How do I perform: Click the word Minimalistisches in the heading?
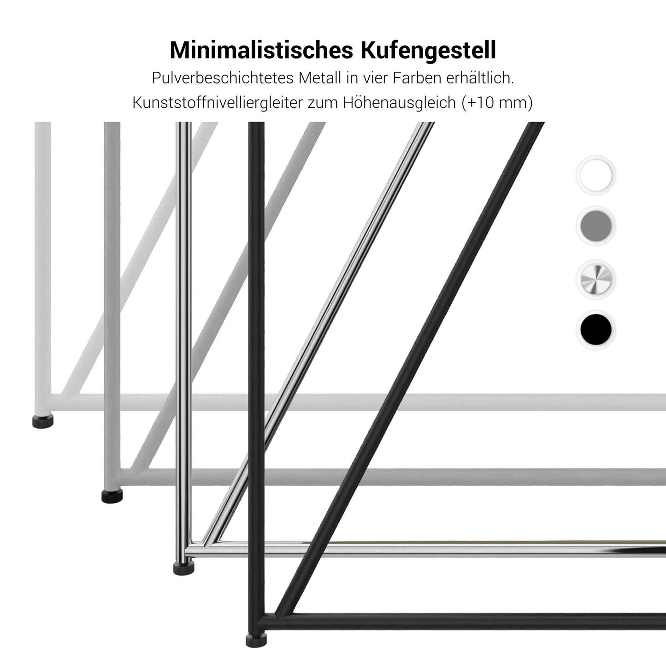(x=263, y=50)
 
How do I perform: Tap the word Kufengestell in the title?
(x=428, y=50)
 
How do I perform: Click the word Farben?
(x=417, y=78)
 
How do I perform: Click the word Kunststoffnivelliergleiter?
(x=218, y=102)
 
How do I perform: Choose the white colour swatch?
(x=596, y=176)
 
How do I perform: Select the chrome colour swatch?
(x=596, y=279)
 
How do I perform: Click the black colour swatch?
(x=596, y=330)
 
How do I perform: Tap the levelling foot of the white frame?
(x=43, y=421)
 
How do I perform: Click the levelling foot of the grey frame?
(x=112, y=496)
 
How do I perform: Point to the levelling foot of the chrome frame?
(x=183, y=568)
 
